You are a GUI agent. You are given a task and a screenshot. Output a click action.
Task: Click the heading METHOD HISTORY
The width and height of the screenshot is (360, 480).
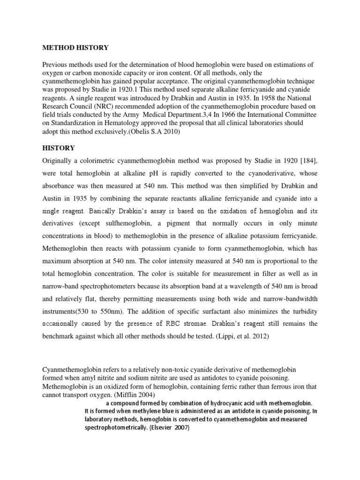(x=75, y=48)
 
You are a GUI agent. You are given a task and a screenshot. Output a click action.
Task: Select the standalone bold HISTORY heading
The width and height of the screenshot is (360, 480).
(x=59, y=148)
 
